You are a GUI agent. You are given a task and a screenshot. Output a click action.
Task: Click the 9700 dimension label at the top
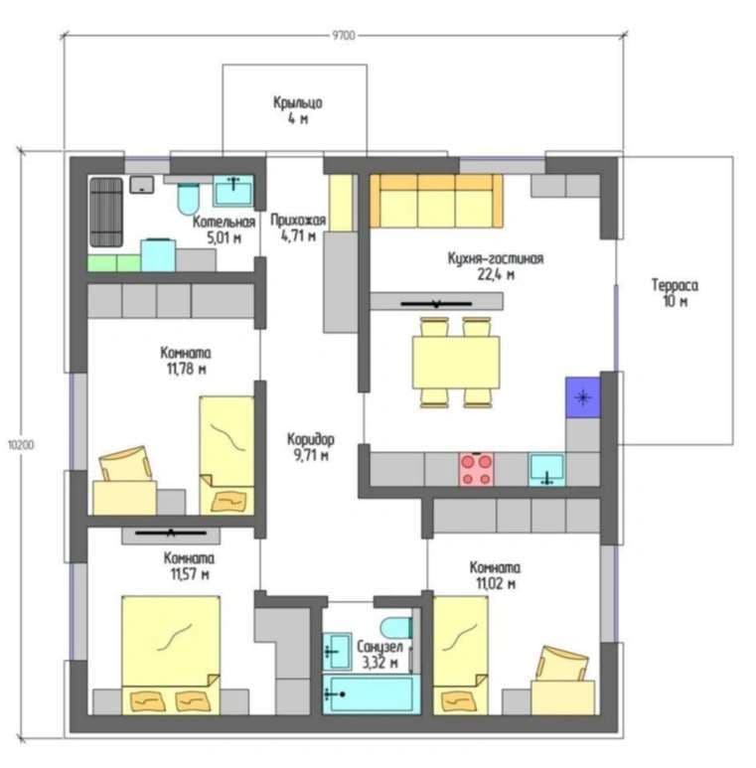[x=344, y=35]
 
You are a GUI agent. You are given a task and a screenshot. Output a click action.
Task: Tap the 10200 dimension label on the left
[x=21, y=445]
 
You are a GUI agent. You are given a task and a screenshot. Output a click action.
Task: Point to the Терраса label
[x=675, y=285]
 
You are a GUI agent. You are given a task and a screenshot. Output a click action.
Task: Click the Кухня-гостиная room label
[x=496, y=258]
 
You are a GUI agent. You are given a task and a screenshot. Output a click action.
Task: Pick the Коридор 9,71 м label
[x=311, y=447]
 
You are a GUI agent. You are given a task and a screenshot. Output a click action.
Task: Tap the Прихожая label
[x=298, y=220]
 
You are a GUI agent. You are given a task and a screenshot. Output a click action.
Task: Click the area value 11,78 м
[x=187, y=369]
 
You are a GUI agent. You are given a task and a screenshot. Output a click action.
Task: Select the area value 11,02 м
[x=496, y=583]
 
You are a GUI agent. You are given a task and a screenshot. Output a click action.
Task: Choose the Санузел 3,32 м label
[x=379, y=655]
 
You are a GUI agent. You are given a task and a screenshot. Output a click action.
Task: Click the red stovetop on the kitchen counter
[x=476, y=469]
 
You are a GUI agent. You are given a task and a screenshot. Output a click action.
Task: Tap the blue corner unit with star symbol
[x=583, y=397]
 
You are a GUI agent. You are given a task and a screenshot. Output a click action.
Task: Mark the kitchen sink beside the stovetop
[x=546, y=469]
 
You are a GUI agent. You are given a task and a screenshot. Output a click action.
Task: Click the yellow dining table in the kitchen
[x=456, y=363]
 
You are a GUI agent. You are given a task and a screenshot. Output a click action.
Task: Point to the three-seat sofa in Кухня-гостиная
[x=436, y=201]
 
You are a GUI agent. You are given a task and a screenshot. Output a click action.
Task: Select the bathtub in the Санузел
[x=372, y=694]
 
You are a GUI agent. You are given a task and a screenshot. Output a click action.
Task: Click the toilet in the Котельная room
[x=189, y=199]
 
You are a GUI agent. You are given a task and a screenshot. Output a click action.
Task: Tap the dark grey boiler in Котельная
[x=105, y=212]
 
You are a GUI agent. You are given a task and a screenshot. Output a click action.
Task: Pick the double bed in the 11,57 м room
[x=171, y=655]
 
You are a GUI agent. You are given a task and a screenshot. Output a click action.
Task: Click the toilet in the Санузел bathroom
[x=395, y=628]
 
